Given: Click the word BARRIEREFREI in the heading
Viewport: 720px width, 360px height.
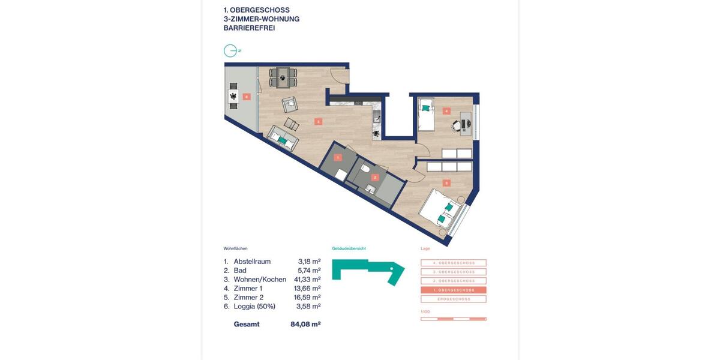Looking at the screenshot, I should coord(249,28).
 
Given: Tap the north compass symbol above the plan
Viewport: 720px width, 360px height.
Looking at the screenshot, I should coord(230,51).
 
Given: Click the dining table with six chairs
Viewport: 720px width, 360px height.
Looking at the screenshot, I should coord(283,77).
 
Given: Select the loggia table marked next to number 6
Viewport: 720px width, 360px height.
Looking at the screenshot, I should coord(232,97).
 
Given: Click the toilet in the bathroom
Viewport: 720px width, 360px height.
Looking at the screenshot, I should coord(365,170).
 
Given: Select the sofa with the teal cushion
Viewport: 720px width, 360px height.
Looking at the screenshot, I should coord(282,138).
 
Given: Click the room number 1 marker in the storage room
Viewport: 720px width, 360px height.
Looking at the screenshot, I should coord(338,157).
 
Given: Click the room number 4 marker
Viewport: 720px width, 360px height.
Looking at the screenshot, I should coord(446,110).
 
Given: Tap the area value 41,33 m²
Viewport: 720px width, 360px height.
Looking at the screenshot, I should coord(307,280).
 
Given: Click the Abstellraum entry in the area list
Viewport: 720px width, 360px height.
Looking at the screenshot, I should coord(252,262).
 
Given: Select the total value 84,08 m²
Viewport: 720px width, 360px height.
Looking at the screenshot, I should coord(305,325).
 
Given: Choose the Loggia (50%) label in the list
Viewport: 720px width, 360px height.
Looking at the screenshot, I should coord(254,307).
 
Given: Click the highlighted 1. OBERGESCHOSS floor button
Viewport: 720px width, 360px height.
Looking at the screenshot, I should coord(453,290).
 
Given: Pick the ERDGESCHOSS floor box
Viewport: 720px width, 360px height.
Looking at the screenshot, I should coord(453,299).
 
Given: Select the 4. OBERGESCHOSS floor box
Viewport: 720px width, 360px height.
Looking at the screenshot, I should coord(453,263).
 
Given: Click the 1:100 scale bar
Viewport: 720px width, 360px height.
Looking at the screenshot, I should coord(453,319).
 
